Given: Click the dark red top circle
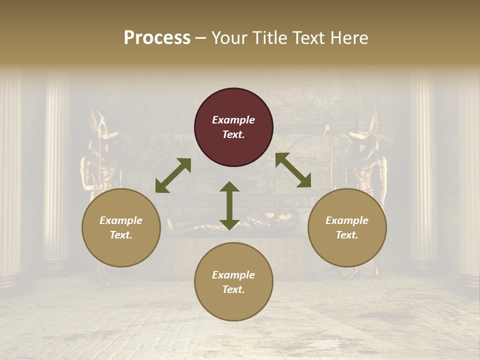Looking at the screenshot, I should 233,127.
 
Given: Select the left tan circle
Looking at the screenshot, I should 121,227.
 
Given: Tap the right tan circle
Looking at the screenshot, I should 347,227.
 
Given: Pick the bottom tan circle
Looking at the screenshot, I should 233,282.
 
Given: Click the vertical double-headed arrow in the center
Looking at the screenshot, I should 229,205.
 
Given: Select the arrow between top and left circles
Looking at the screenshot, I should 173,175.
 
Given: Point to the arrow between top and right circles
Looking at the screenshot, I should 293,170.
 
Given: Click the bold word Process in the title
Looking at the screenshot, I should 157,37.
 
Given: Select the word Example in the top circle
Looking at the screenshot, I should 233,120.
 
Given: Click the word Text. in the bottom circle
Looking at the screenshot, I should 233,289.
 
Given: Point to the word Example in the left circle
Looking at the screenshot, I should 121,220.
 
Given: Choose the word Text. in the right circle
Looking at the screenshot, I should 347,235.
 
